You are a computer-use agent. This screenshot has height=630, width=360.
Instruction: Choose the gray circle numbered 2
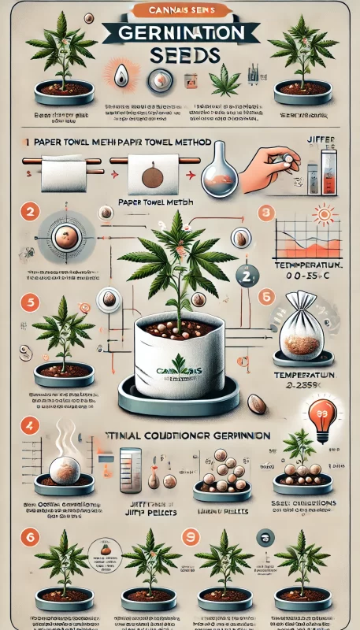[x=244, y=275]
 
